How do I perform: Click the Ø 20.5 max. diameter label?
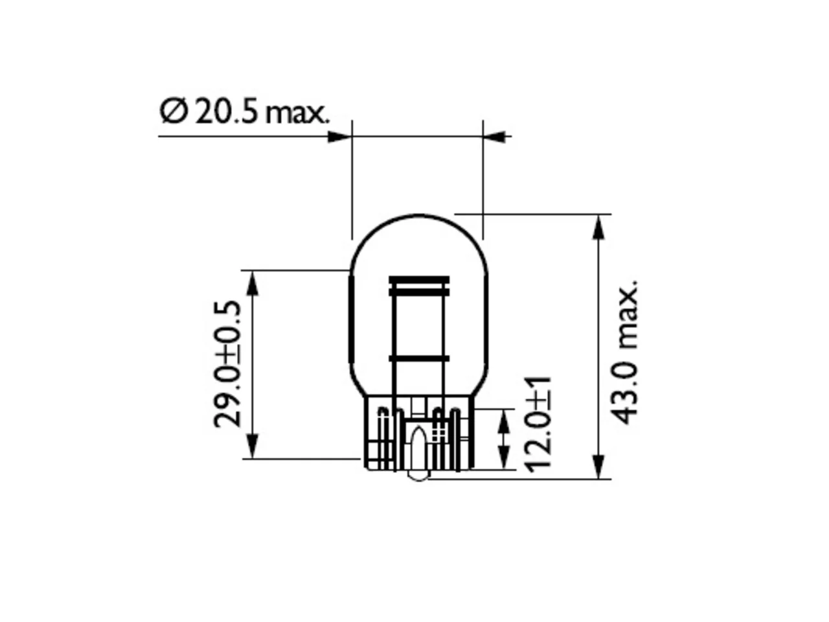tap(245, 112)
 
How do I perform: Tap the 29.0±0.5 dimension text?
tap(227, 364)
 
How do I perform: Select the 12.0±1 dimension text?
tap(538, 424)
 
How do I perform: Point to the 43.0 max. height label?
tap(624, 352)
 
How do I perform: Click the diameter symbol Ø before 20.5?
tap(174, 111)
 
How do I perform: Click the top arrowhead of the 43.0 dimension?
tap(598, 227)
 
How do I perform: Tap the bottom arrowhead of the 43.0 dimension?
tap(598, 466)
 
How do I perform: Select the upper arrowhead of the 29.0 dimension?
tap(253, 283)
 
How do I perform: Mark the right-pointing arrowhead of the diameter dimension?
tap(339, 137)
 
